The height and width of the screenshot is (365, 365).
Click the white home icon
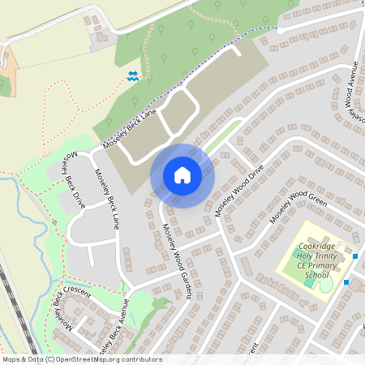pyautogui.click(x=182, y=175)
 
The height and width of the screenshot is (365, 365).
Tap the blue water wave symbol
pyautogui.click(x=133, y=76)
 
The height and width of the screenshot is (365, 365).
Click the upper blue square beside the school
pyautogui.click(x=355, y=256)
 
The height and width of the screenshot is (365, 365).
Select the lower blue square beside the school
pyautogui.click(x=346, y=282)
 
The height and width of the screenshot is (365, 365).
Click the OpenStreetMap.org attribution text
pyautogui.click(x=112, y=359)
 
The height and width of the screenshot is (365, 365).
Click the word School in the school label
pyautogui.click(x=317, y=275)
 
